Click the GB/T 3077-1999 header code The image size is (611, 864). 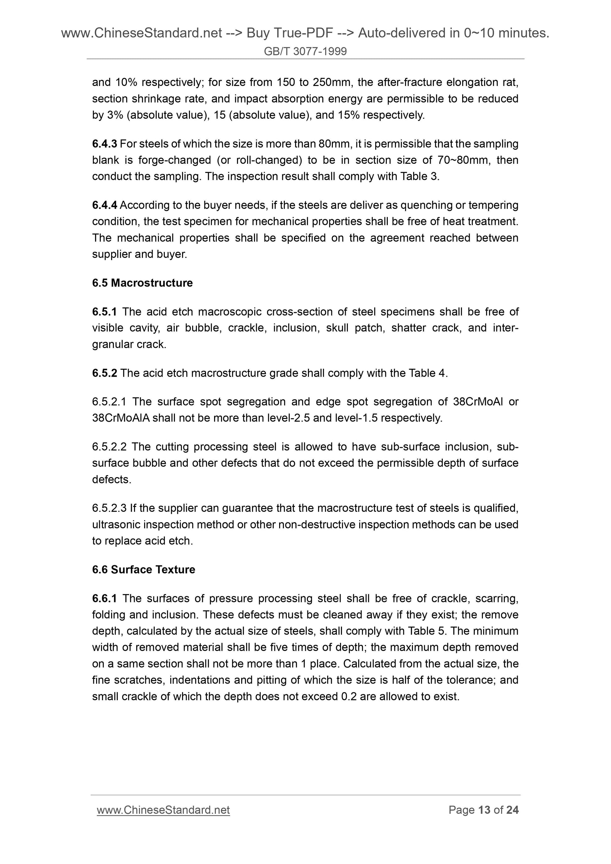click(305, 51)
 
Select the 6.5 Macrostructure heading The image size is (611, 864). click(142, 283)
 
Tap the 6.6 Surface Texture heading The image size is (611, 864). click(143, 569)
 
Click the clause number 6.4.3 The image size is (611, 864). click(105, 144)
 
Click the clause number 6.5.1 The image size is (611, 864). click(105, 312)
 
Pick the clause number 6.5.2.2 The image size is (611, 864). click(109, 447)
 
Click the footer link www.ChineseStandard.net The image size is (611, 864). click(163, 810)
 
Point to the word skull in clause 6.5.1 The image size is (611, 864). click(337, 328)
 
